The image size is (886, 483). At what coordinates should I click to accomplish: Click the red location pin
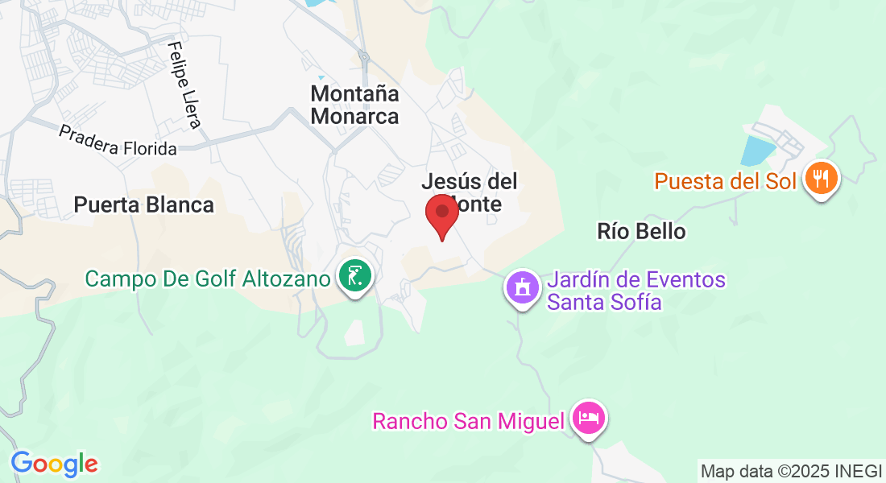441,213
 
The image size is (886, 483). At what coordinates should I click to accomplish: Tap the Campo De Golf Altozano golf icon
354,275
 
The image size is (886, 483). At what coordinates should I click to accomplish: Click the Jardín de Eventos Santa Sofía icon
522,286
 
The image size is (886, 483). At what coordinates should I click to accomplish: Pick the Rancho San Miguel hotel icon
589,418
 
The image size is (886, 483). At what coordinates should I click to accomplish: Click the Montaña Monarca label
354,105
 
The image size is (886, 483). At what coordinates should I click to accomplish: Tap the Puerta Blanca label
144,204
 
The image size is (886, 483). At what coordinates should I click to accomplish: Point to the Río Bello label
641,232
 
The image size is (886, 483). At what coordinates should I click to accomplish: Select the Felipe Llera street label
184,85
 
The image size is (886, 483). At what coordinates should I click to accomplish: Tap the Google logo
54,463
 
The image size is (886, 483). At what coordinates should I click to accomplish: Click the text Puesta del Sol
725,180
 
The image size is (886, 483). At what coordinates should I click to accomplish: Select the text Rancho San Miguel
467,421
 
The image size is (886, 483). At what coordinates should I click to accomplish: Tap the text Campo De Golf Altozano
208,279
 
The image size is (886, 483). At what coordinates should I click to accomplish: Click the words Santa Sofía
604,303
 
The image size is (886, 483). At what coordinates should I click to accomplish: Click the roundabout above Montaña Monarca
364,58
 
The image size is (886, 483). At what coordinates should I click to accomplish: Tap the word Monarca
354,116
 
